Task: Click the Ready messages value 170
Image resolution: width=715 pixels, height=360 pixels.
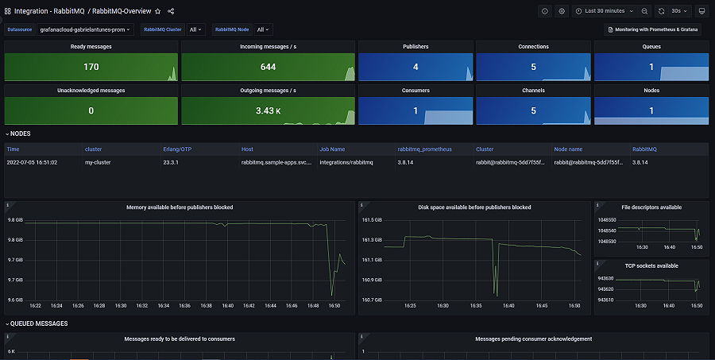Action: (x=91, y=67)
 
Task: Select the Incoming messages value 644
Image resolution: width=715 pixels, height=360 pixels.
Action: (x=267, y=67)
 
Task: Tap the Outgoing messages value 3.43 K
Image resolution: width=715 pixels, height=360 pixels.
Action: (x=267, y=110)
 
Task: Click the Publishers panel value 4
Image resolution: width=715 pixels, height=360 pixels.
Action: (x=415, y=67)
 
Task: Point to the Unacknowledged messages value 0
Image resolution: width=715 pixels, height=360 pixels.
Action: (x=91, y=110)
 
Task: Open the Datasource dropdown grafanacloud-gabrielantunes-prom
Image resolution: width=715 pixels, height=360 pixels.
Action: (x=85, y=29)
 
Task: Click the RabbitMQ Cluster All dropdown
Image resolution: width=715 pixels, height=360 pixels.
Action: (x=195, y=29)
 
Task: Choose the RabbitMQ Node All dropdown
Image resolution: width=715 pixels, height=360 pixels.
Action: (x=265, y=29)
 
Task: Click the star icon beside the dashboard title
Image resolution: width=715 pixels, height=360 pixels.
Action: (x=157, y=11)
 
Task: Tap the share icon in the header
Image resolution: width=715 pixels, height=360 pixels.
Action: (x=171, y=11)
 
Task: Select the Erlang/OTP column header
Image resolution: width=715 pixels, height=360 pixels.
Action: (x=176, y=149)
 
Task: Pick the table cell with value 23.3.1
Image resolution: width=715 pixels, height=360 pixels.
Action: (x=173, y=161)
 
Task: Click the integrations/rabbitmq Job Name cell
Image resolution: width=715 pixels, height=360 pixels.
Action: (x=346, y=161)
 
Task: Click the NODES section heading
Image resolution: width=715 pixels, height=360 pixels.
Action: (x=21, y=134)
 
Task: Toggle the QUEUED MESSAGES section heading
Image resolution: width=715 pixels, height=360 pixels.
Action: (x=39, y=323)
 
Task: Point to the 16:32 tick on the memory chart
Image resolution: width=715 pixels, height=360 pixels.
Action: (x=142, y=304)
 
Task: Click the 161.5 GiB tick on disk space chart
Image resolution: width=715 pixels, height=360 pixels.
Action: (x=373, y=219)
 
